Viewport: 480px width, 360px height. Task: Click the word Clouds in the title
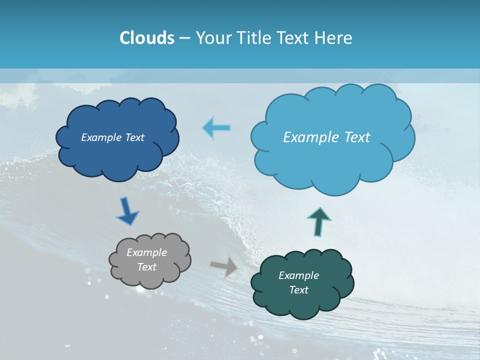[147, 38]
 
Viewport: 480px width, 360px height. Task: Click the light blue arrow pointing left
[216, 128]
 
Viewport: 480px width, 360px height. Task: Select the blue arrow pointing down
[127, 211]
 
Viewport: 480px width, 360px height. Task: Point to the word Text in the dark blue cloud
[134, 137]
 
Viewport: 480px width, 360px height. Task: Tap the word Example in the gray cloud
[147, 252]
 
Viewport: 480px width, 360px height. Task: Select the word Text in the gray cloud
[147, 267]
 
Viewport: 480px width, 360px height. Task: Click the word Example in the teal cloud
[299, 275]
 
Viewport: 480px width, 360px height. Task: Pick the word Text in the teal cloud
[299, 290]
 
